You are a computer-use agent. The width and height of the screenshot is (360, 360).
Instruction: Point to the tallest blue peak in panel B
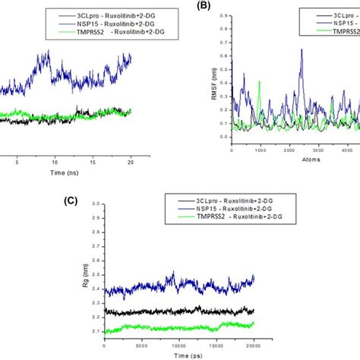coord(302,51)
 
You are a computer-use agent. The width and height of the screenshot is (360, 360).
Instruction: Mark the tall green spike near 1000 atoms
coord(260,82)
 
